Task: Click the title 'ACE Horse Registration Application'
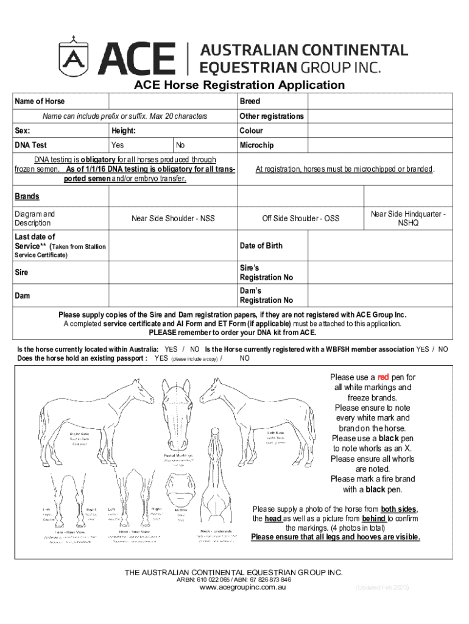(239, 85)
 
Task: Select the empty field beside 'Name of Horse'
(172, 101)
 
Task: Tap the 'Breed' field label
(250, 101)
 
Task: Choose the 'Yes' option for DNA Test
(118, 145)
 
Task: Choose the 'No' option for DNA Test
(180, 145)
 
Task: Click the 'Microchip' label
(256, 145)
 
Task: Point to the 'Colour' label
(251, 130)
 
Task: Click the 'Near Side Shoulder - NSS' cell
(173, 218)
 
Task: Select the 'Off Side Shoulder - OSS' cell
(300, 218)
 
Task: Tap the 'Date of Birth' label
(261, 246)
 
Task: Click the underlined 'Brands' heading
(27, 196)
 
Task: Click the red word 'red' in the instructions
(383, 377)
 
